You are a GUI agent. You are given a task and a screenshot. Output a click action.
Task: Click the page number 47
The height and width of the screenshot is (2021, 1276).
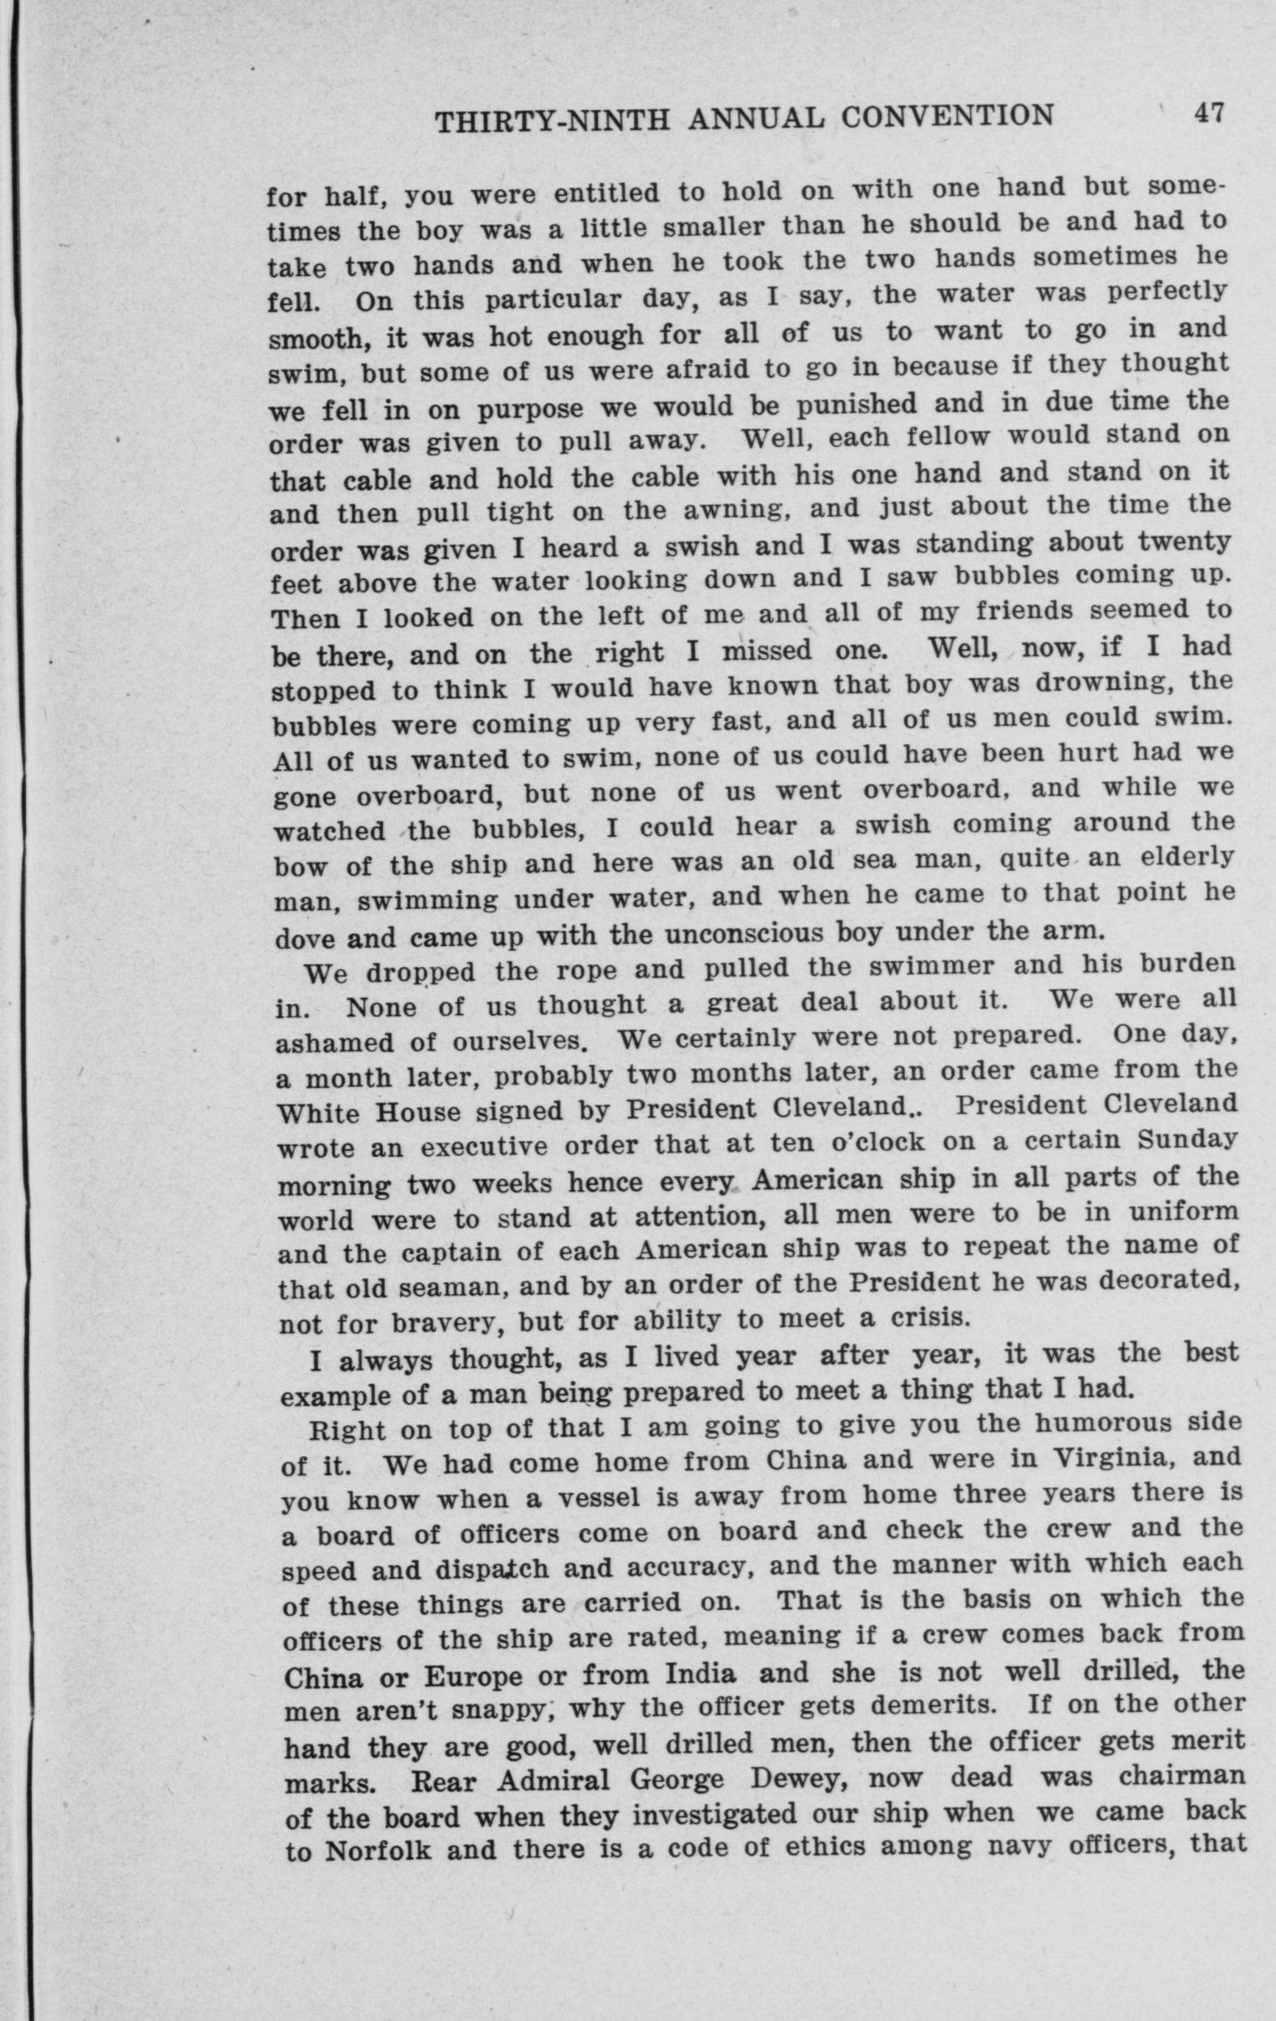click(1209, 113)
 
